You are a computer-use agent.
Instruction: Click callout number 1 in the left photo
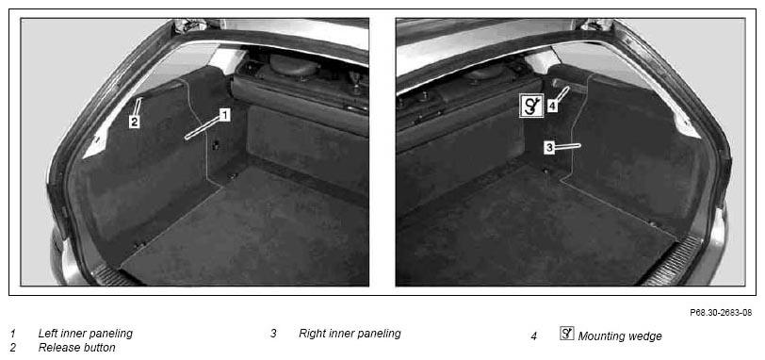click(224, 115)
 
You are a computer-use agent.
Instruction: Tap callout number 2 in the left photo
click(135, 122)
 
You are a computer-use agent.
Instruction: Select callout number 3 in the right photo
click(549, 147)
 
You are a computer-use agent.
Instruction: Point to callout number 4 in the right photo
click(552, 106)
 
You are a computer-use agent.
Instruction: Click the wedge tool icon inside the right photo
click(531, 106)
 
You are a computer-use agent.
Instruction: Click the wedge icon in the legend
click(567, 335)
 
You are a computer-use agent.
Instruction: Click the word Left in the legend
click(47, 334)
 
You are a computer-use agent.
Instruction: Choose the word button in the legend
click(98, 348)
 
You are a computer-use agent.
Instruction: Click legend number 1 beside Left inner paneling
click(12, 335)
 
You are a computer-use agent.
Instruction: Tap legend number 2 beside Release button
click(12, 348)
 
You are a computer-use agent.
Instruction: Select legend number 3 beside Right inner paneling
click(274, 335)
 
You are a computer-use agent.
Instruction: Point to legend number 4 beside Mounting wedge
click(534, 336)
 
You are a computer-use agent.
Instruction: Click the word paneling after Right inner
click(379, 335)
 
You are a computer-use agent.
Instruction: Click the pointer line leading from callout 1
click(203, 127)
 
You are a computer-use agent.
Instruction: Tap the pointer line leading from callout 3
click(568, 146)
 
